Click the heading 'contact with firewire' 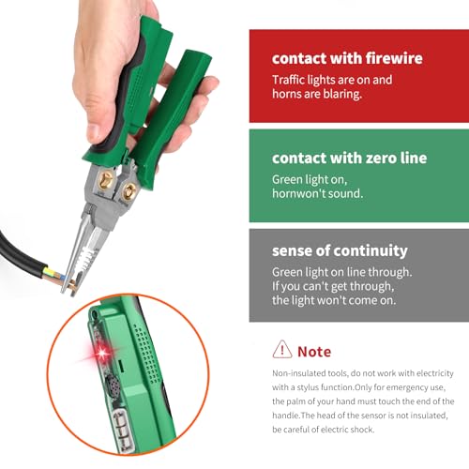(x=346, y=58)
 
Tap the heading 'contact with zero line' (x=350, y=158)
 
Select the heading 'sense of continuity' (x=340, y=251)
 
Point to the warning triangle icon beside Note (x=281, y=350)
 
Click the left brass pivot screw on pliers (x=106, y=179)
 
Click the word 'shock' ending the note (x=387, y=431)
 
